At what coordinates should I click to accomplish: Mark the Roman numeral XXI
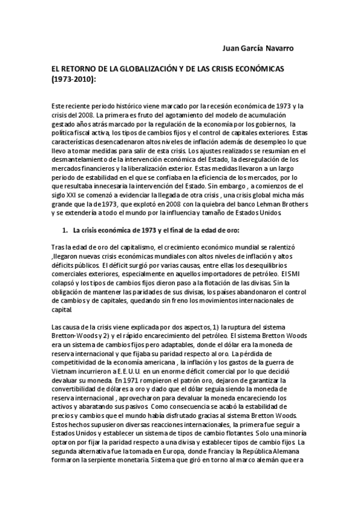pos(75,187)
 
